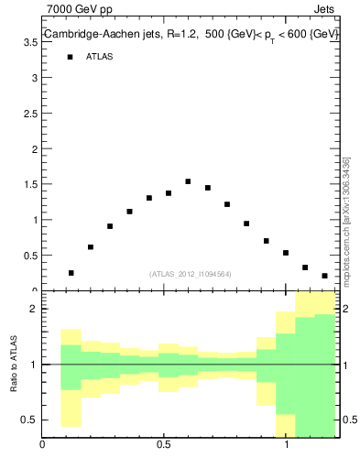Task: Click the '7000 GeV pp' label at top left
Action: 79,10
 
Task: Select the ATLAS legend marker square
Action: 70,57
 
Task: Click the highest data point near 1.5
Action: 188,181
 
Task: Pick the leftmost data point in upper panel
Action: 71,273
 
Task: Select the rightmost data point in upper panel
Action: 324,276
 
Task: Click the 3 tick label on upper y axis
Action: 33,78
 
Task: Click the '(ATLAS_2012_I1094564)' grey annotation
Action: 191,273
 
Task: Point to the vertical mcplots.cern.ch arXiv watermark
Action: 345,220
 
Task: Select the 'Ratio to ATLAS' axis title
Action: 14,365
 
